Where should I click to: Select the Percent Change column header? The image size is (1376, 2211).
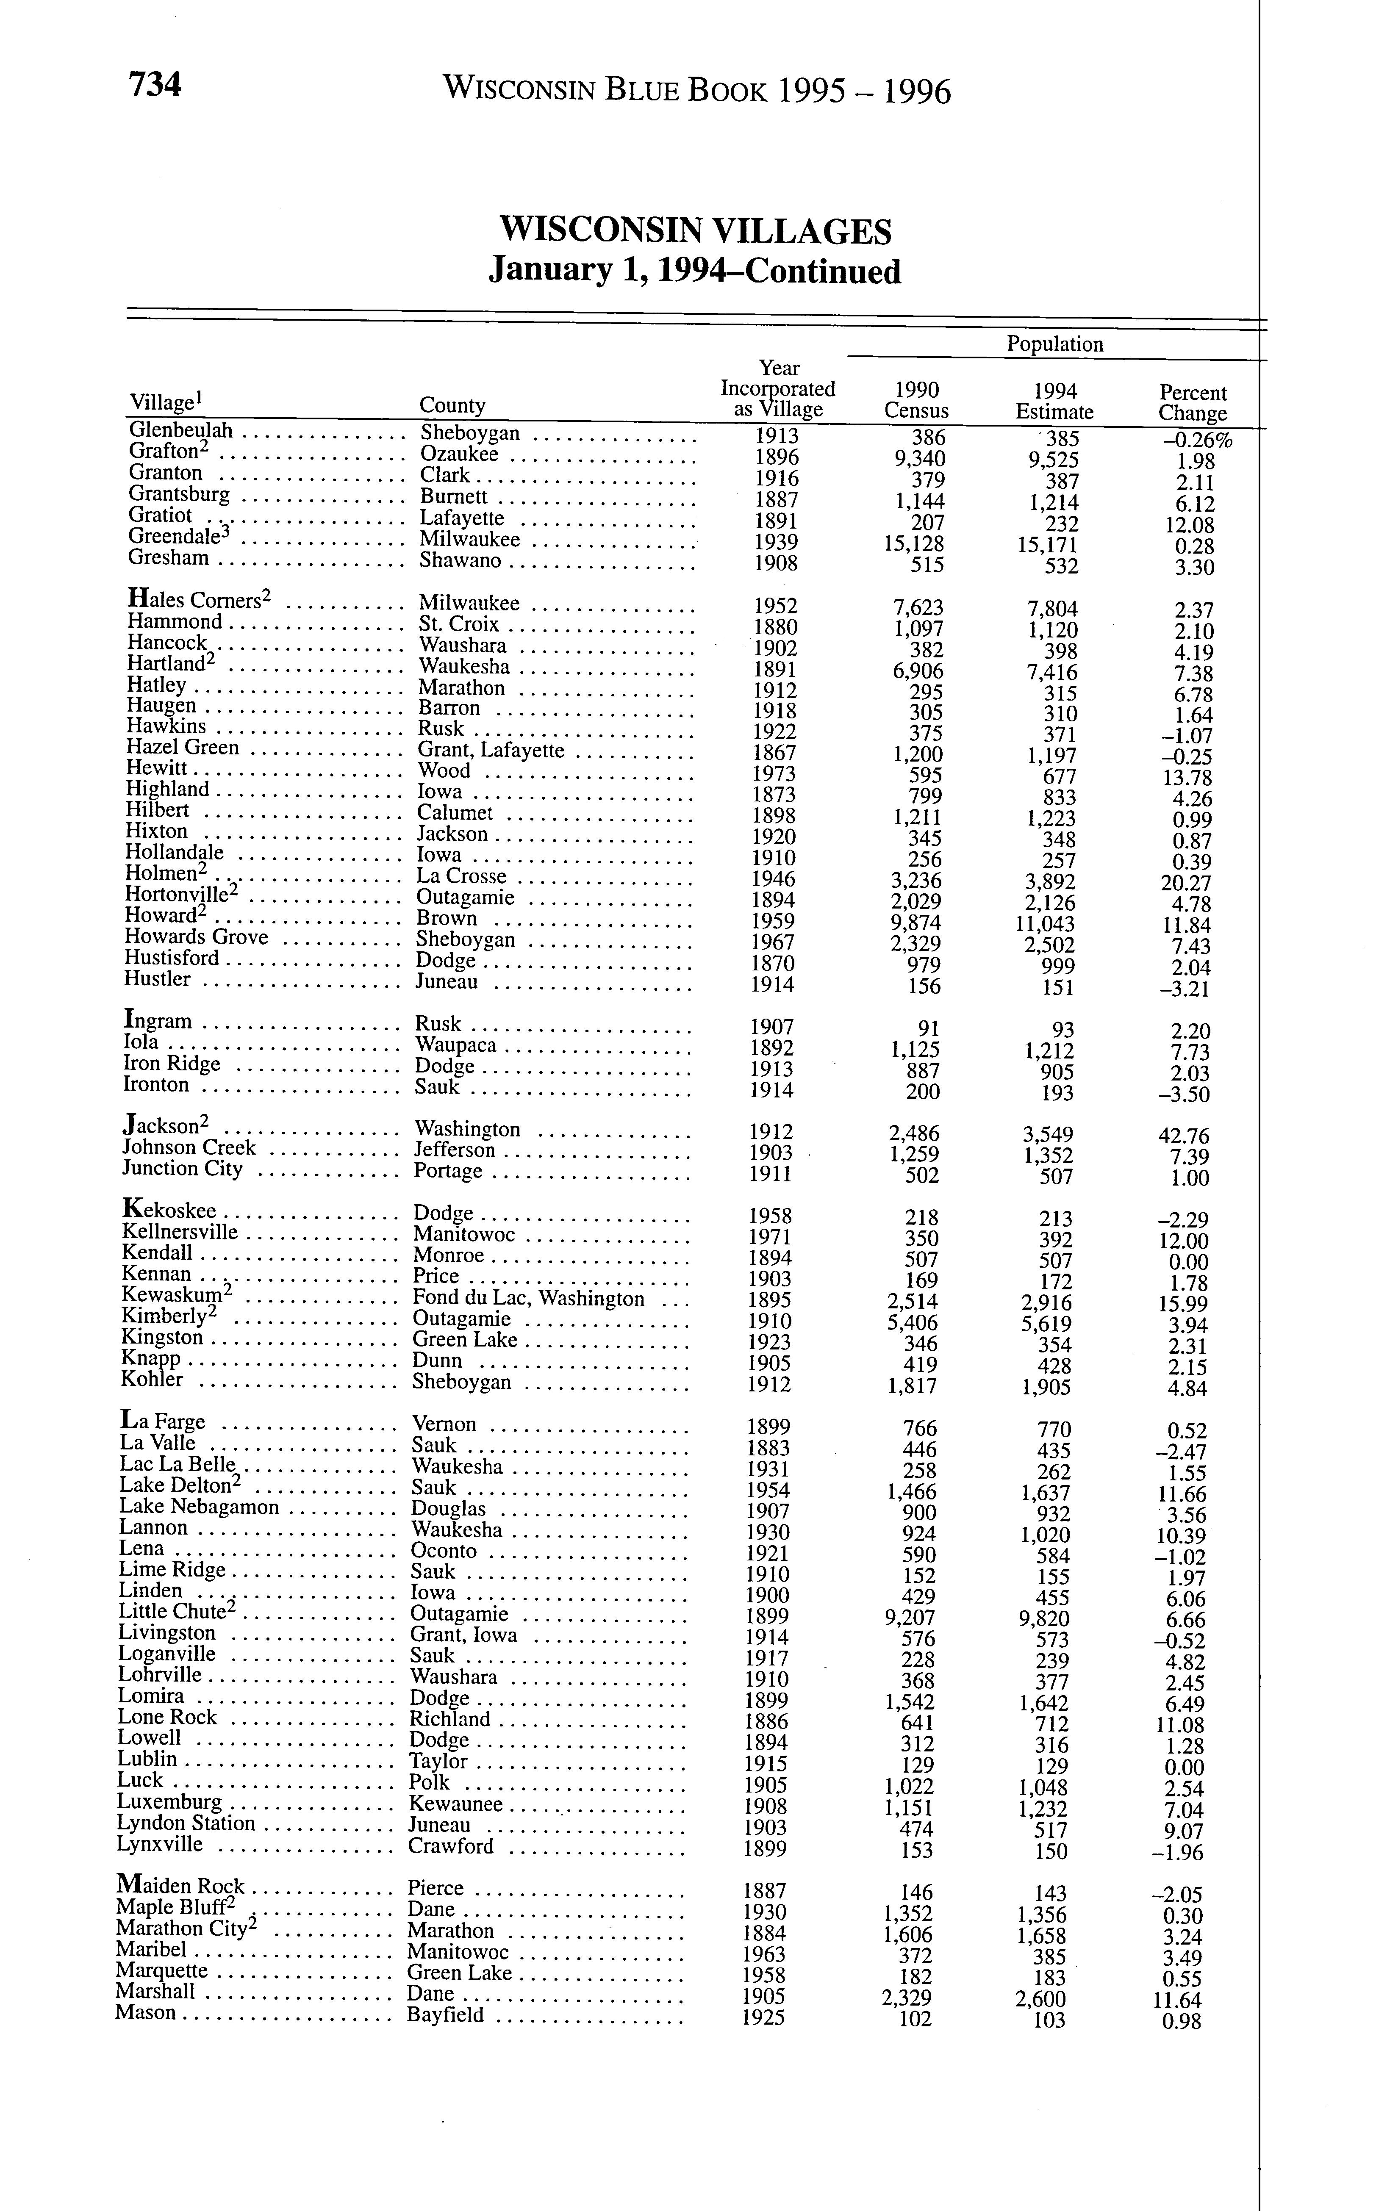pos(1192,403)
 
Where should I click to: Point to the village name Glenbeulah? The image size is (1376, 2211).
pos(181,430)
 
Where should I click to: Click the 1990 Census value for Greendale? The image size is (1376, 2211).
pos(916,544)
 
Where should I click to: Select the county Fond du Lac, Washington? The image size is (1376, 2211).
pos(529,1298)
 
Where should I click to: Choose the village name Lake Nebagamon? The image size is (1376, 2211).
pos(199,1507)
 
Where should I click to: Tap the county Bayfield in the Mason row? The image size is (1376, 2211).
pos(446,2015)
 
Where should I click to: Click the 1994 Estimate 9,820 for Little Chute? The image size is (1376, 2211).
pos(1044,1619)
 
